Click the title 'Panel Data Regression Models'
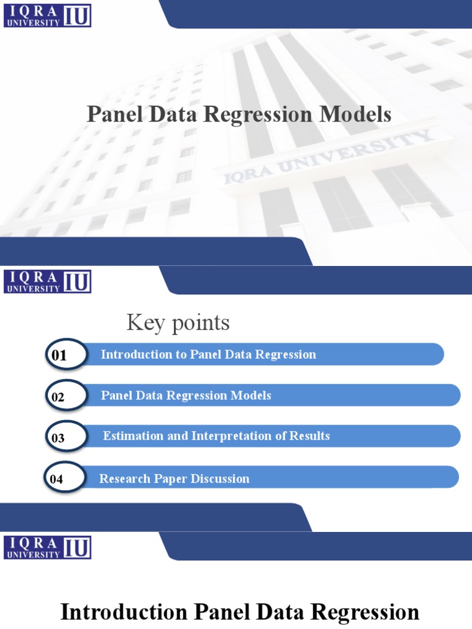239,115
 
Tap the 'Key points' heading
178,322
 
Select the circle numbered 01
65,355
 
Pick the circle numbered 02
65,397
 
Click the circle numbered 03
65,437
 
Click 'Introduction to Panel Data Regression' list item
208,354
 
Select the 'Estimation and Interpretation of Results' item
216,436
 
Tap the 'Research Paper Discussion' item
175,479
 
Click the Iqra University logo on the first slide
47,15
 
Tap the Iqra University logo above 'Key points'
47,281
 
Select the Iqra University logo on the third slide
47,547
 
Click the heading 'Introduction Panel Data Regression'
239,612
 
